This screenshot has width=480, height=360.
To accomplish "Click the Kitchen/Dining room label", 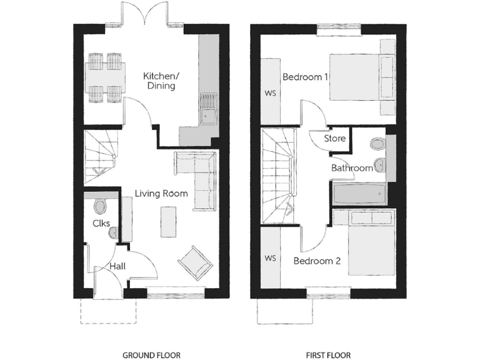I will pos(161,81).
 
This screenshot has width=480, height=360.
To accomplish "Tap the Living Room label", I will pos(161,194).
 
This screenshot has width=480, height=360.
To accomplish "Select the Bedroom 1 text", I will pos(306,77).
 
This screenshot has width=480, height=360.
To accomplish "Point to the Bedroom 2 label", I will pos(317,261).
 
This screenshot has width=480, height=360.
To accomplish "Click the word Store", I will pos(334,138).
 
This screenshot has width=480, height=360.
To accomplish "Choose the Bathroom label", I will pos(352,168).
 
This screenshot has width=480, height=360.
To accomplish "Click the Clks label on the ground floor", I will pos(101,223).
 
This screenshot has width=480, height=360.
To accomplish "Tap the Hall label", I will pos(118,266).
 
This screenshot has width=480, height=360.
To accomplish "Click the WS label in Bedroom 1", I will pos(271,94).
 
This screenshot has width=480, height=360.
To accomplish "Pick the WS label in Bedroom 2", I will pos(271,257).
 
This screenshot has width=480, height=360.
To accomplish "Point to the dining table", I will pos(104,78).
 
